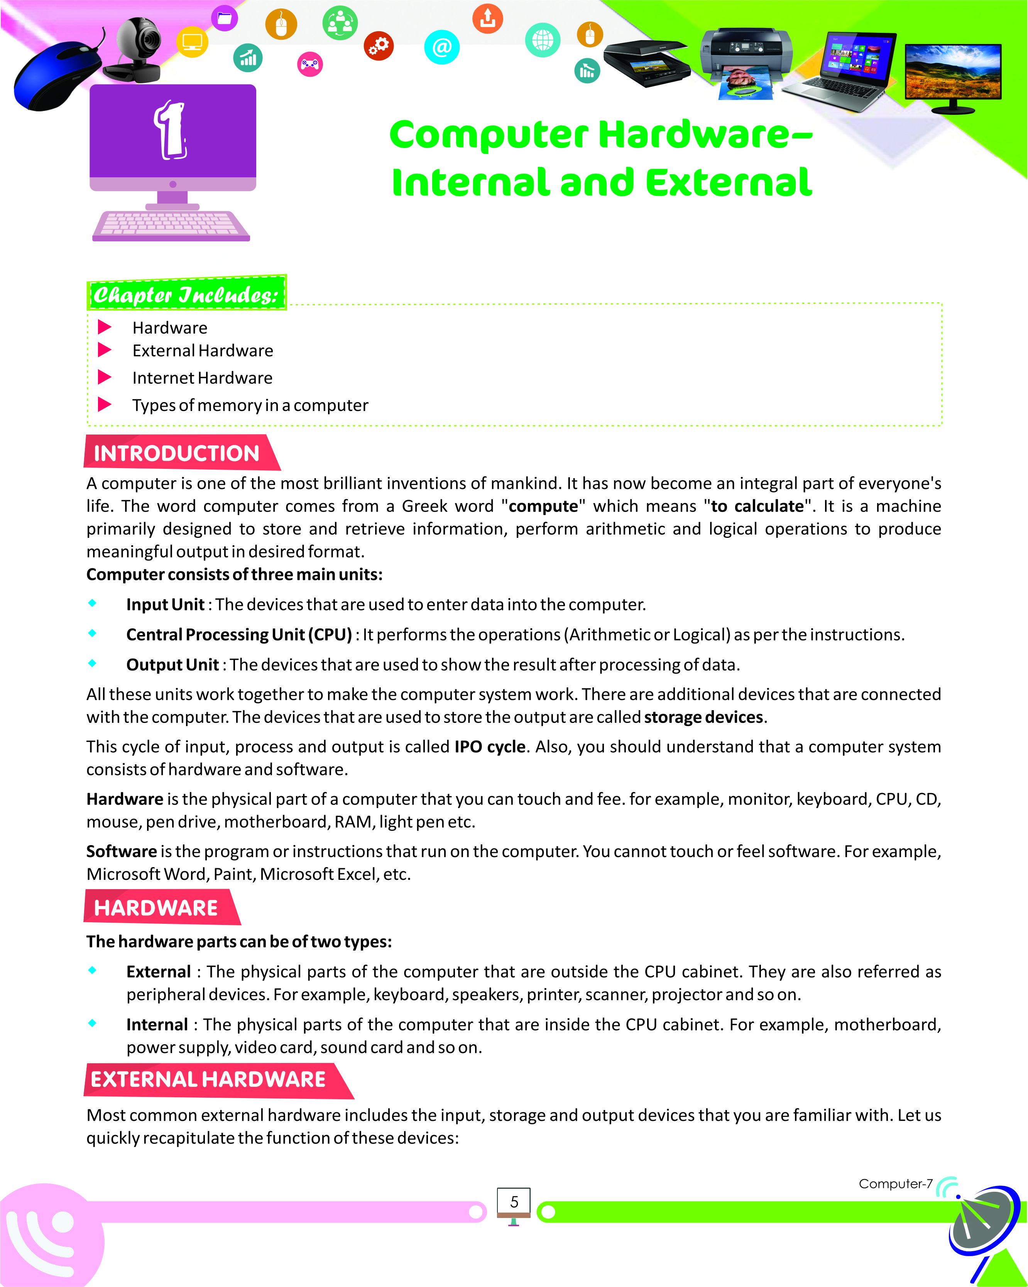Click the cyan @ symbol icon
(x=441, y=47)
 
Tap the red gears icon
(x=379, y=45)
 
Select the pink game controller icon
(x=310, y=64)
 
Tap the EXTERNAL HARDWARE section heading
(x=208, y=1079)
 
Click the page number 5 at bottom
(x=514, y=1202)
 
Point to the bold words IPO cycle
(x=490, y=747)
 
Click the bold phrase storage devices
(x=703, y=717)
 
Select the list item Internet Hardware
(x=202, y=378)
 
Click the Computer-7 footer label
(x=895, y=1184)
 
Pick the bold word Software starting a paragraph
(x=121, y=851)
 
